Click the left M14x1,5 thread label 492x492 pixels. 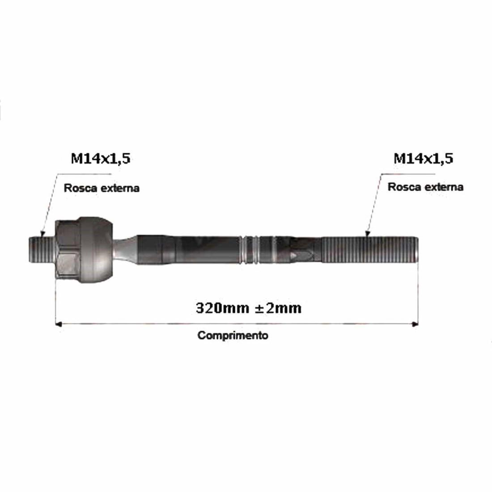pos(100,158)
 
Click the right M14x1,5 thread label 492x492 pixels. pos(423,158)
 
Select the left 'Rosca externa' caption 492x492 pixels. pos(102,188)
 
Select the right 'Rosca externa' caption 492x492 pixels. pos(425,187)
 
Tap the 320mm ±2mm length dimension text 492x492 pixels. pos(248,308)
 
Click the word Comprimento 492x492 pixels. pos(233,335)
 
